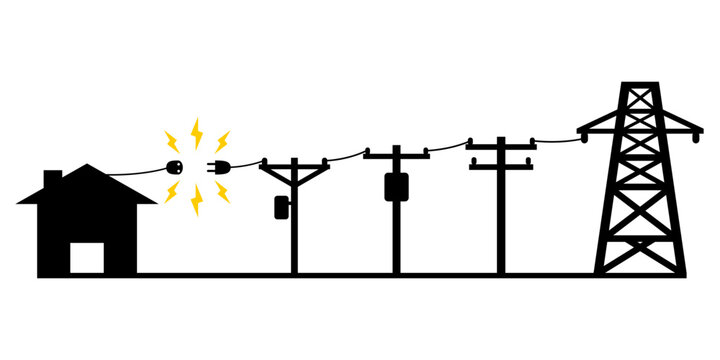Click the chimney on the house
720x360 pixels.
pyautogui.click(x=53, y=178)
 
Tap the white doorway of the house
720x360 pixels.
pyautogui.click(x=86, y=257)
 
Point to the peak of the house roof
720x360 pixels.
pyautogui.click(x=88, y=167)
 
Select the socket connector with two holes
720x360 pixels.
pyautogui.click(x=174, y=166)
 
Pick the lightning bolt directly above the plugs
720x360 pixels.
pyautogui.click(x=196, y=131)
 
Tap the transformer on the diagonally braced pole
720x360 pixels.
pyautogui.click(x=281, y=207)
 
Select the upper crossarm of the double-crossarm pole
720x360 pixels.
pyautogui.click(x=501, y=145)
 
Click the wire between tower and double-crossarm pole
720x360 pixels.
pyautogui.click(x=555, y=138)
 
